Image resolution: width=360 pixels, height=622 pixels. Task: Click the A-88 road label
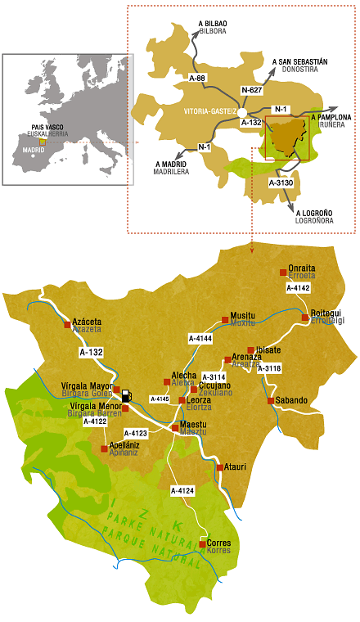click(x=196, y=78)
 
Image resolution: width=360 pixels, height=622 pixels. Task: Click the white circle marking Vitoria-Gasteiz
click(x=242, y=111)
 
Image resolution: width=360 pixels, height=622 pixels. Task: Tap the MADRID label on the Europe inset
click(x=34, y=151)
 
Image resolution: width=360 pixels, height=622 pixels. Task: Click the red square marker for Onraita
click(x=283, y=272)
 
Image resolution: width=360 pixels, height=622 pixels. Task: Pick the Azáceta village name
click(x=87, y=322)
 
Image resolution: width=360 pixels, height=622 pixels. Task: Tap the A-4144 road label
click(x=200, y=337)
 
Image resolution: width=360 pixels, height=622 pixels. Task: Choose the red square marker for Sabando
click(x=271, y=400)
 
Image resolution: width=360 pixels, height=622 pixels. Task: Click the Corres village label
click(x=218, y=543)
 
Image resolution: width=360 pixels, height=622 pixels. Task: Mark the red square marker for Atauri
click(x=219, y=467)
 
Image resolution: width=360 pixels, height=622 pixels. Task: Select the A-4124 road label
click(x=182, y=490)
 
